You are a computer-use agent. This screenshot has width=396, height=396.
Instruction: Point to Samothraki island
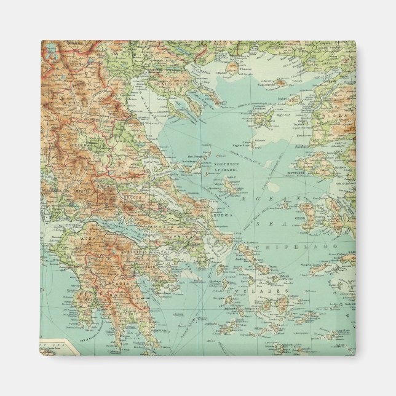pyautogui.click(x=280, y=82)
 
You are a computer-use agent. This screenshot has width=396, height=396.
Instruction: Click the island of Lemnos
pyautogui.click(x=262, y=117)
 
